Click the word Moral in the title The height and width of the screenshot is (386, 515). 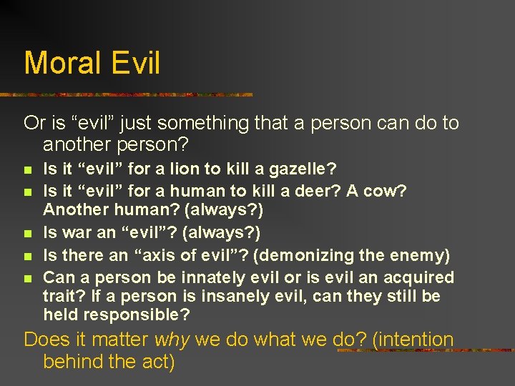coord(63,63)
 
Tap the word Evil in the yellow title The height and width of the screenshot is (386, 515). coord(135,63)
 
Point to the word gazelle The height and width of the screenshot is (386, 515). coord(299,170)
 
